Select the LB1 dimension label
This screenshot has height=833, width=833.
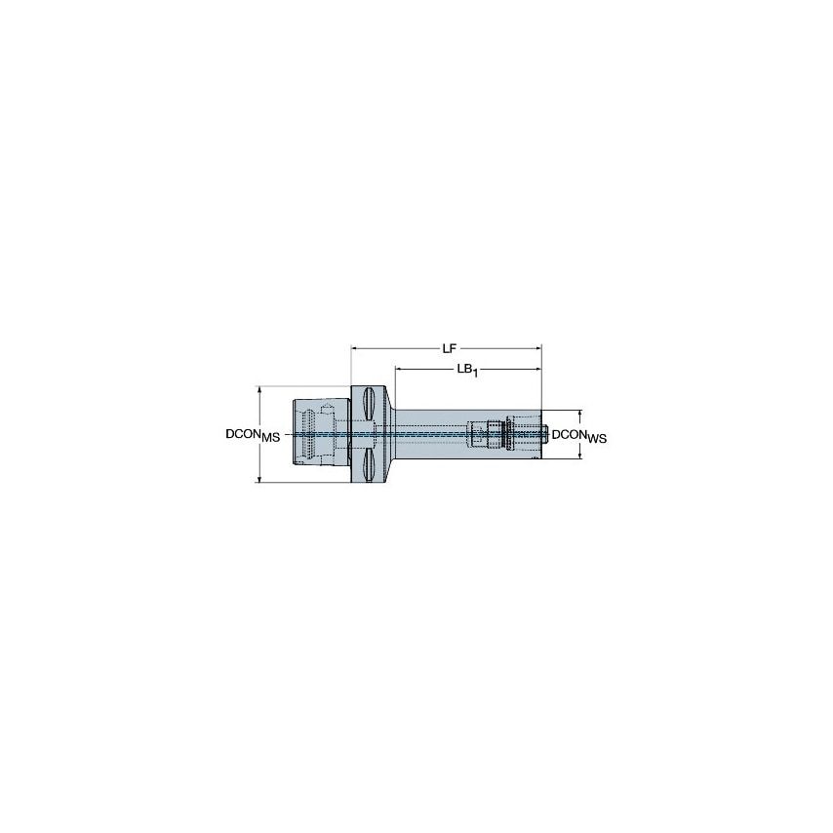click(471, 371)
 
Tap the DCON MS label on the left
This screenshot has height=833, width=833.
click(253, 436)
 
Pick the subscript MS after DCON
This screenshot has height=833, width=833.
click(270, 439)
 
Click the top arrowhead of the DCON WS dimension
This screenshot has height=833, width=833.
click(582, 413)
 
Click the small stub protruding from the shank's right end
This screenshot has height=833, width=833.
click(543, 435)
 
